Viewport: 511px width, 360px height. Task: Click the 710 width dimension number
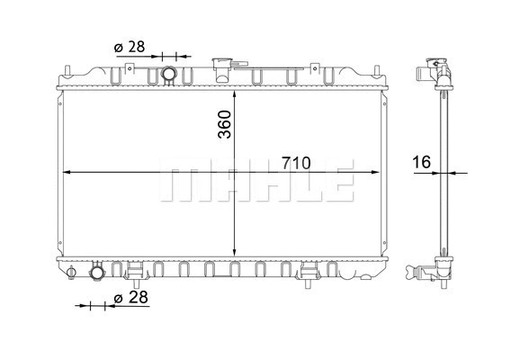(x=294, y=163)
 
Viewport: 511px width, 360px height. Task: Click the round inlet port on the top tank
(x=168, y=74)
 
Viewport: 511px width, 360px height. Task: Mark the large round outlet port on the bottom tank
(x=96, y=272)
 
